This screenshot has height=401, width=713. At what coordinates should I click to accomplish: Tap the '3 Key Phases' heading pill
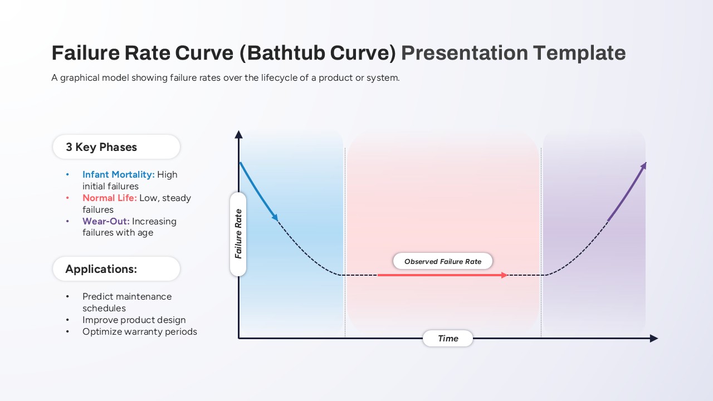coord(116,146)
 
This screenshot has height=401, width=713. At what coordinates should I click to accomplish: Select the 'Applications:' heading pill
coord(116,269)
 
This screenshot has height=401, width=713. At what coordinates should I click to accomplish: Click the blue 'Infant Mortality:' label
coord(119,174)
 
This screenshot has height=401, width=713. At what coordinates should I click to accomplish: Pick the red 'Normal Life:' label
coord(110,198)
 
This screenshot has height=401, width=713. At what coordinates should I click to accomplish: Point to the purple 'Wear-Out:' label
coord(106,221)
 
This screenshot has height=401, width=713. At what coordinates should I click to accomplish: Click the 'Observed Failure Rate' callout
coord(443,261)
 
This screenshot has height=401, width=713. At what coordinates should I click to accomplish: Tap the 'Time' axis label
coord(448,338)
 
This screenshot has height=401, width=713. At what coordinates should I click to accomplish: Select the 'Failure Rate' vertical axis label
coord(238,234)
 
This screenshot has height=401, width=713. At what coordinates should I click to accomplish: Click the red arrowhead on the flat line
coord(504,275)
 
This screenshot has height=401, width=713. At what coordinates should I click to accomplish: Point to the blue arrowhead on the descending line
coord(275,217)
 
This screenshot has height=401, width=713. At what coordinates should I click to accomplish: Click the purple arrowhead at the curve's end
coord(643,166)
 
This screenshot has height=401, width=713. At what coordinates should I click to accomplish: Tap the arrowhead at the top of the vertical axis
coord(238,135)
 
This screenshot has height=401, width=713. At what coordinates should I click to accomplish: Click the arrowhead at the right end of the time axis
coord(654,338)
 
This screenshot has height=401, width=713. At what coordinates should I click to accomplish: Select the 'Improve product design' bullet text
coord(134,320)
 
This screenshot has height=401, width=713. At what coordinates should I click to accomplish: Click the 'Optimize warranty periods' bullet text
coord(140,331)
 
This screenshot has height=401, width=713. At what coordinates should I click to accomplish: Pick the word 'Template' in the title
coord(580,53)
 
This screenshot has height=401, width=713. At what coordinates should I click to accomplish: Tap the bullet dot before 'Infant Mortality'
coord(67,174)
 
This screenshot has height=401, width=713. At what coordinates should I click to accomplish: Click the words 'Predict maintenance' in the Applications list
coord(127,297)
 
